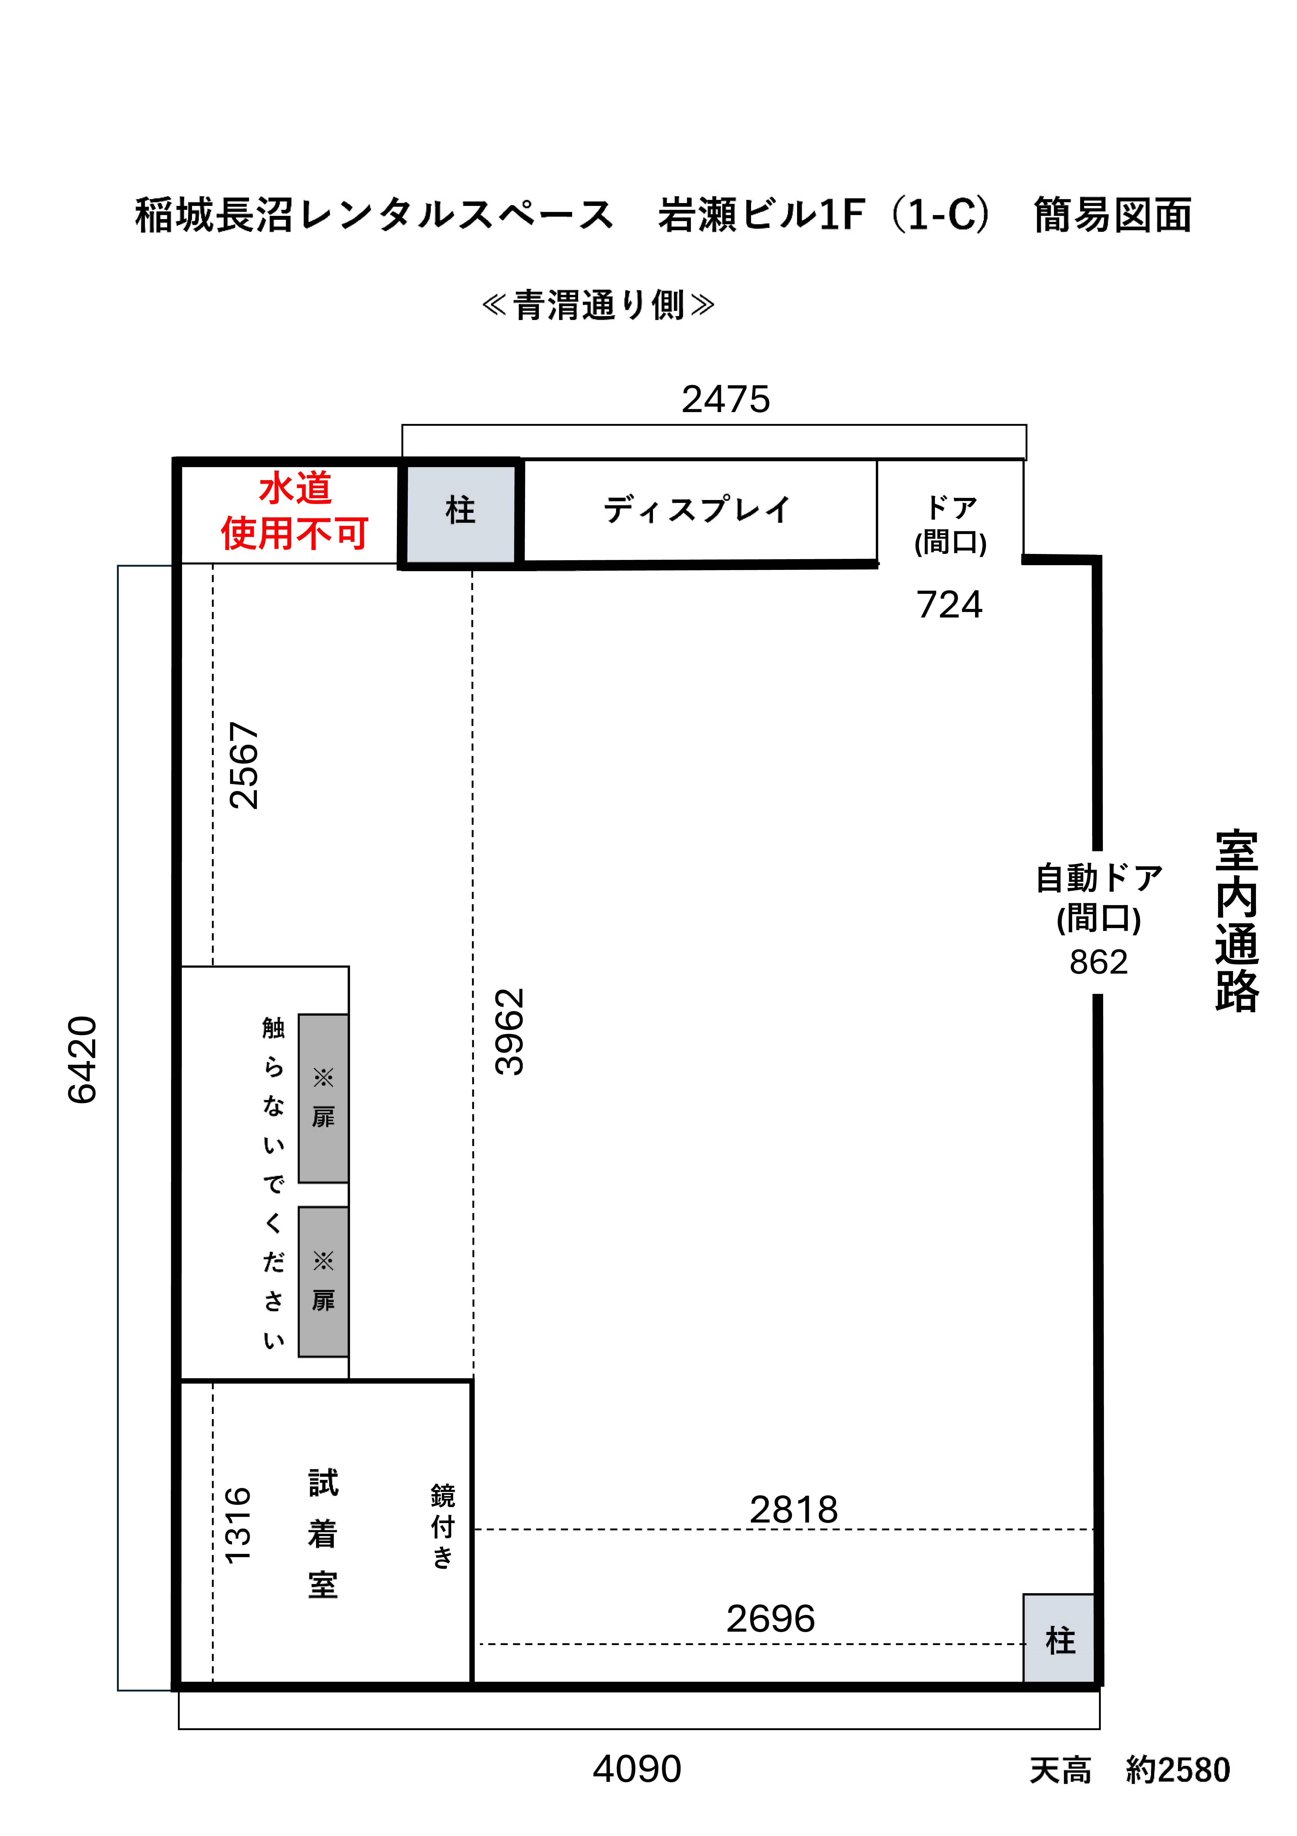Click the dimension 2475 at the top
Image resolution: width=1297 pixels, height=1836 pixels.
coord(725,399)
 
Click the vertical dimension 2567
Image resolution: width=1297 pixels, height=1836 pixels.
coord(244,765)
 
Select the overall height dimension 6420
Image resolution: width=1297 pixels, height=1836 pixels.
coord(82,1059)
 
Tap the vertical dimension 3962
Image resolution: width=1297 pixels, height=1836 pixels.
coord(509,1031)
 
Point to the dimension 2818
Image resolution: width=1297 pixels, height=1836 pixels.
coord(793,1510)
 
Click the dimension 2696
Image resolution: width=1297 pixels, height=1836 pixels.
coord(770,1619)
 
